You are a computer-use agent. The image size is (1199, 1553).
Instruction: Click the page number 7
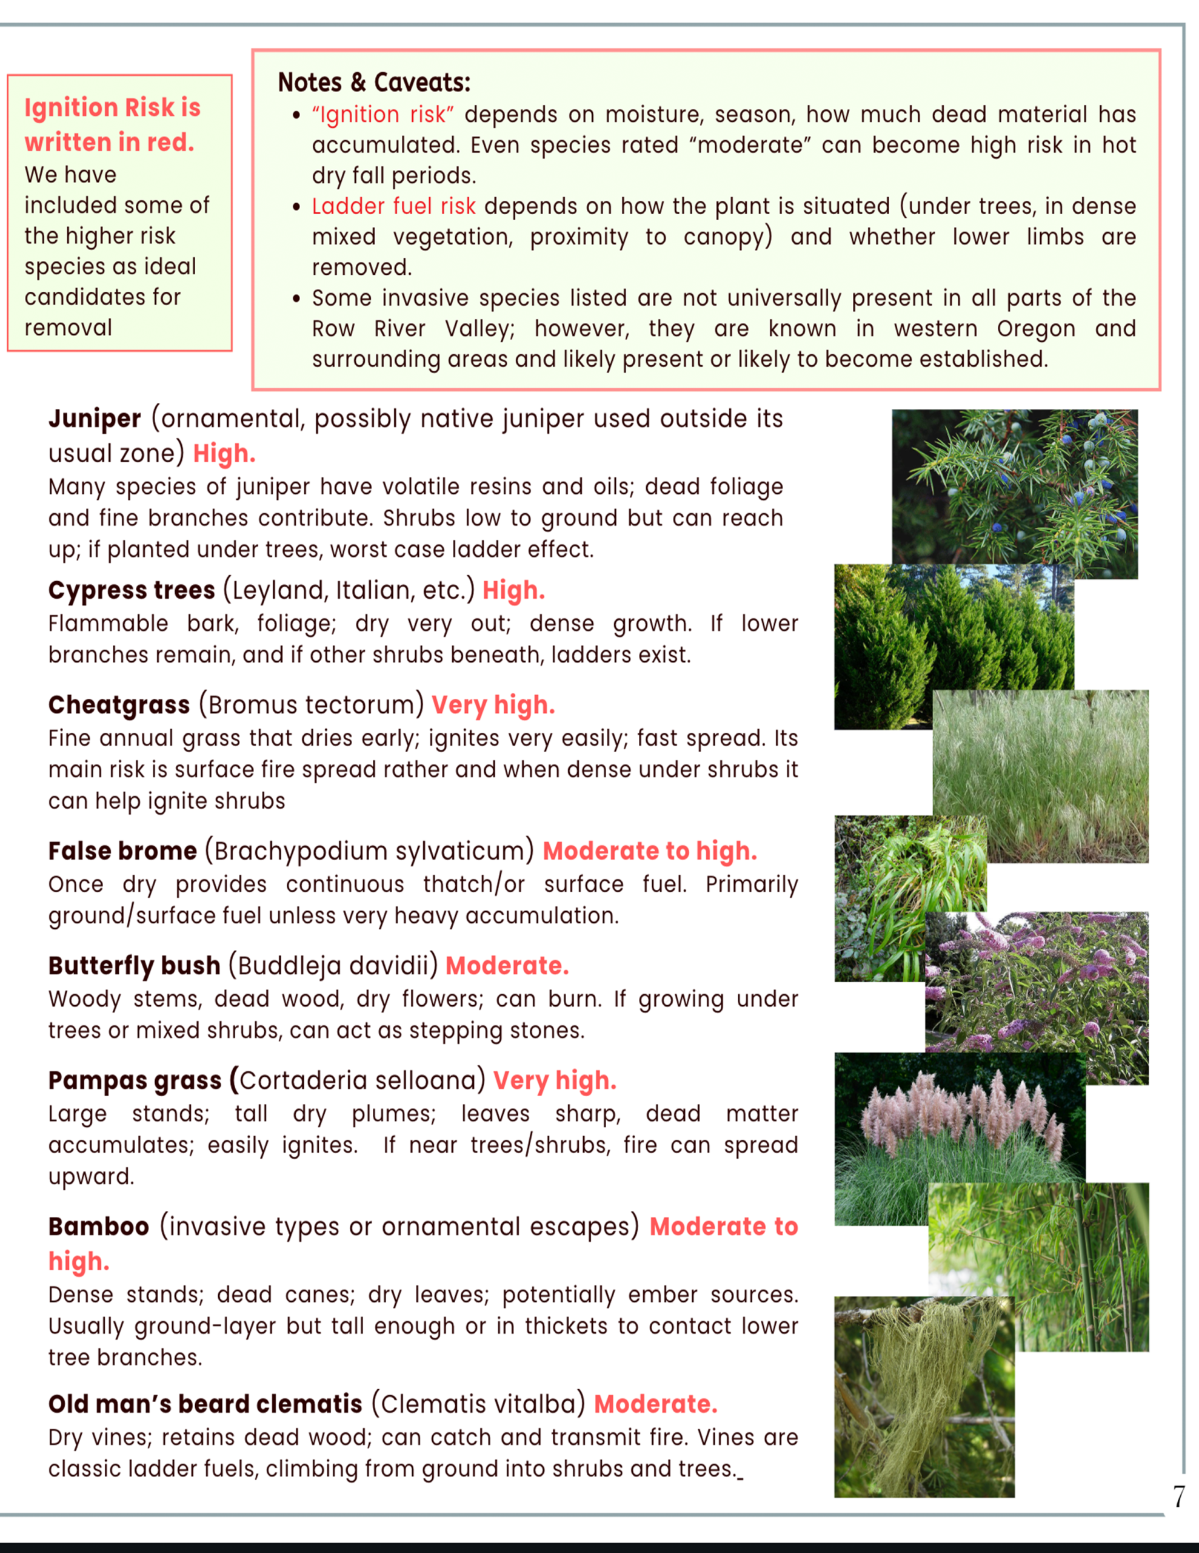[1178, 1496]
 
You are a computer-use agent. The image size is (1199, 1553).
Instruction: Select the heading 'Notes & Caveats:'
[374, 83]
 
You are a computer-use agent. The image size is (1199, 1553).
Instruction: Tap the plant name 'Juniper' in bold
[95, 419]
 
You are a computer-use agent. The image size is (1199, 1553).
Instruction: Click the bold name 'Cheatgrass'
[119, 705]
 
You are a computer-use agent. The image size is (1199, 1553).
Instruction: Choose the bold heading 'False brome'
[122, 851]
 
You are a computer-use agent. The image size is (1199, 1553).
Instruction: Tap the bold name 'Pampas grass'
[135, 1080]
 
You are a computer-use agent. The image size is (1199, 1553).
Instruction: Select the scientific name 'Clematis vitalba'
[478, 1404]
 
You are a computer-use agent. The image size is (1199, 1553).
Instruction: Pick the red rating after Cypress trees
[513, 590]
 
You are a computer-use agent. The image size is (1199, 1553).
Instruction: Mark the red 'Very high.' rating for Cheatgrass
[493, 705]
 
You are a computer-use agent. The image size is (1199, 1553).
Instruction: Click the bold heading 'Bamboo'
[99, 1226]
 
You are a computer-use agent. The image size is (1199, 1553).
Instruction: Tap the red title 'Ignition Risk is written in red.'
[112, 124]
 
